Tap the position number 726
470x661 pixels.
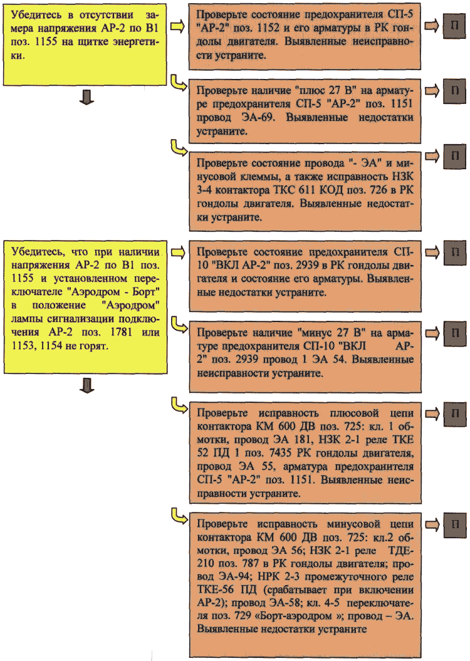point(377,190)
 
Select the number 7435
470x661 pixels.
point(280,453)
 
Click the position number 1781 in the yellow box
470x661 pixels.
point(121,332)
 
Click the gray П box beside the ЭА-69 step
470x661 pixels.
point(454,90)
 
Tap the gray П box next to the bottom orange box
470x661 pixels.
point(454,524)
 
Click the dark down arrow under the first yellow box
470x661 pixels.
point(86,97)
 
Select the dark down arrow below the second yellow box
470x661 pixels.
point(86,385)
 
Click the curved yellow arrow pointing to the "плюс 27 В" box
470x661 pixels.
point(178,83)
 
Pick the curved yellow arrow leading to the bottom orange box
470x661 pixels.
point(178,517)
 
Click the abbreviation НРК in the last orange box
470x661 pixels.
point(268,576)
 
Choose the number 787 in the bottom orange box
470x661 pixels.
point(251,563)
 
